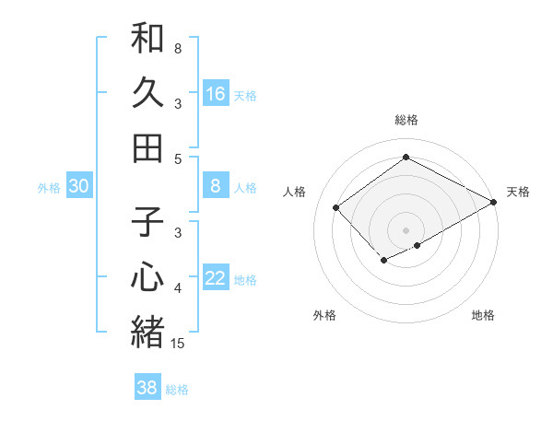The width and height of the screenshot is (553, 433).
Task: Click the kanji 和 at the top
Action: [147, 39]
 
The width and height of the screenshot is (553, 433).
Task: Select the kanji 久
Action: [147, 93]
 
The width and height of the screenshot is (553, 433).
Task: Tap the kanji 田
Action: [147, 146]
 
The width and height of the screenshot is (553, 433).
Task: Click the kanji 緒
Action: [147, 331]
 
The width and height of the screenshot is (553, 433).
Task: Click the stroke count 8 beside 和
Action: [178, 48]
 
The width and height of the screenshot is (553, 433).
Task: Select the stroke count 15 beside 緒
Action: [178, 343]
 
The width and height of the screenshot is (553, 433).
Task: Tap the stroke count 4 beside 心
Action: [178, 288]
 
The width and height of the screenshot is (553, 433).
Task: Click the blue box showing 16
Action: [216, 93]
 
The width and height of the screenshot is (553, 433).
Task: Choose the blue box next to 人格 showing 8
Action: [216, 186]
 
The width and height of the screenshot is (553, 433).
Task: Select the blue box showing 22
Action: [216, 279]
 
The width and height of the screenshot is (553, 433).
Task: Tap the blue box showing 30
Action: [79, 186]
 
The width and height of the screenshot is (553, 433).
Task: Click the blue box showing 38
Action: [147, 388]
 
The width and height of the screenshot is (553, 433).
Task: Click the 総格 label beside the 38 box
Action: [177, 390]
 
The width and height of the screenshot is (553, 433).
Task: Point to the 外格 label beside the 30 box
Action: [49, 188]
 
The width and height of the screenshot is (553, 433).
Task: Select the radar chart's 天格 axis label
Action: [518, 192]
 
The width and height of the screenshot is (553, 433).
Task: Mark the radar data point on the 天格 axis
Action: [494, 202]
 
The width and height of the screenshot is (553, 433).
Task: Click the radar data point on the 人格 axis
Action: [336, 208]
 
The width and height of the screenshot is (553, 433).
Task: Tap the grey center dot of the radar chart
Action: [406, 230]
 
